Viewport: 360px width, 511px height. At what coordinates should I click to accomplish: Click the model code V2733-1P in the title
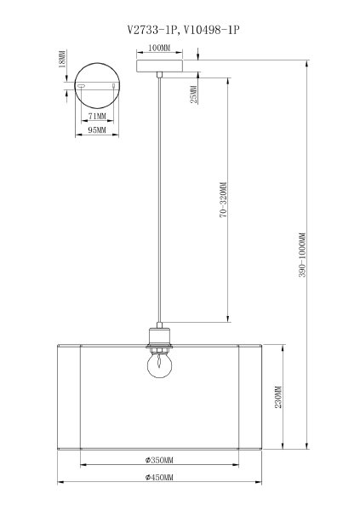click(x=151, y=28)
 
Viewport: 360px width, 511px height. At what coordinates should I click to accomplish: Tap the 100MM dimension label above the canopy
click(x=158, y=48)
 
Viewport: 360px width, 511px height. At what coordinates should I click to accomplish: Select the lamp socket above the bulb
click(x=158, y=337)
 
